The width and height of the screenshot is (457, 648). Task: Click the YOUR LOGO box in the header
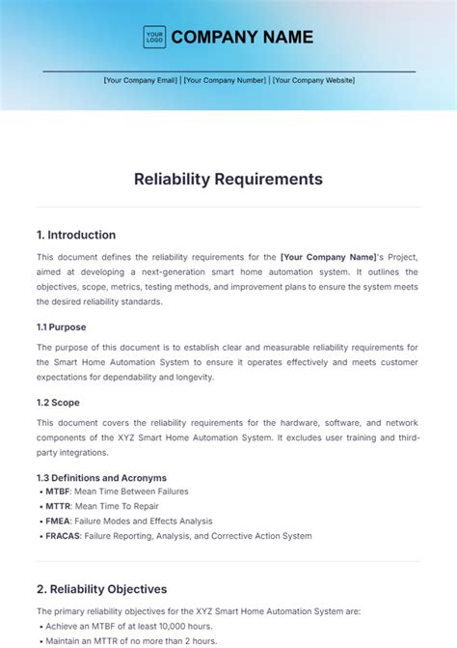(154, 38)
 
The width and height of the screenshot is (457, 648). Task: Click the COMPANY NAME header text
(242, 38)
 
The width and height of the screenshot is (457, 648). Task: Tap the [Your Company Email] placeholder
(141, 80)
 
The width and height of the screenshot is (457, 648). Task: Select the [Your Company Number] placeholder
(224, 80)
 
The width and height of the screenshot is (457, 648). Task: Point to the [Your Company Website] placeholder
(313, 80)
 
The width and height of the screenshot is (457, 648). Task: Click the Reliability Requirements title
(228, 179)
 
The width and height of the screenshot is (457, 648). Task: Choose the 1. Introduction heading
(76, 235)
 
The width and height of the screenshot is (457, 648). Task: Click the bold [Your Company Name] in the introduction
(328, 257)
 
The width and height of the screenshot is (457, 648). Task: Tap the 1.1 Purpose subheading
(62, 327)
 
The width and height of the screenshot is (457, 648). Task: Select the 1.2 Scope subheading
(59, 403)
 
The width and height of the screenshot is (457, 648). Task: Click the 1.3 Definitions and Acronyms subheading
(101, 477)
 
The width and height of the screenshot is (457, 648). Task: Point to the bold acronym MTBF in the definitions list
(57, 492)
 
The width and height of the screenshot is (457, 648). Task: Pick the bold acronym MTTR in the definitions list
(57, 506)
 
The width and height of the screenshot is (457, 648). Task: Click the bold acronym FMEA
(57, 521)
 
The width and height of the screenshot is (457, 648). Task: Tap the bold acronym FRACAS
(62, 536)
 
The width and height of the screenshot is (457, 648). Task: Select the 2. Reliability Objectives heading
(101, 589)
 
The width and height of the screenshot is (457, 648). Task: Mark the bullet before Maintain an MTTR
(40, 640)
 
